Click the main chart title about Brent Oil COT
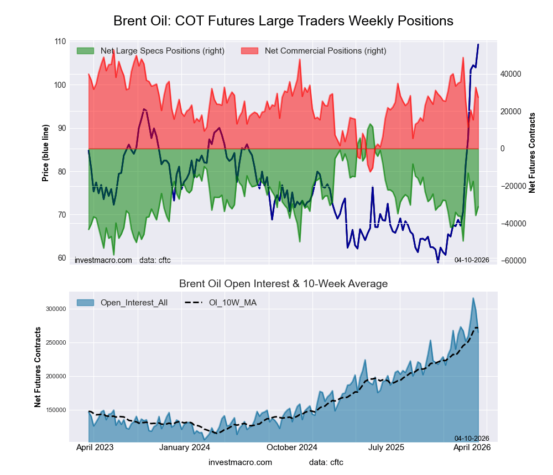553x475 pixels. click(283, 21)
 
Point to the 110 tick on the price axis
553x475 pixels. click(60, 42)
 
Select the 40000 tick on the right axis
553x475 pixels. click(511, 74)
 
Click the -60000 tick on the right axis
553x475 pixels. click(512, 261)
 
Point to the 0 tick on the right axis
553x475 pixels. click(503, 149)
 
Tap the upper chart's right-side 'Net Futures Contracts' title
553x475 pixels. click(532, 152)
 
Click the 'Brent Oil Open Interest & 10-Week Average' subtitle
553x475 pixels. click(283, 284)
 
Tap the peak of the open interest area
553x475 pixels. click(473, 298)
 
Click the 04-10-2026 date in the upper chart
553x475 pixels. click(471, 260)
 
